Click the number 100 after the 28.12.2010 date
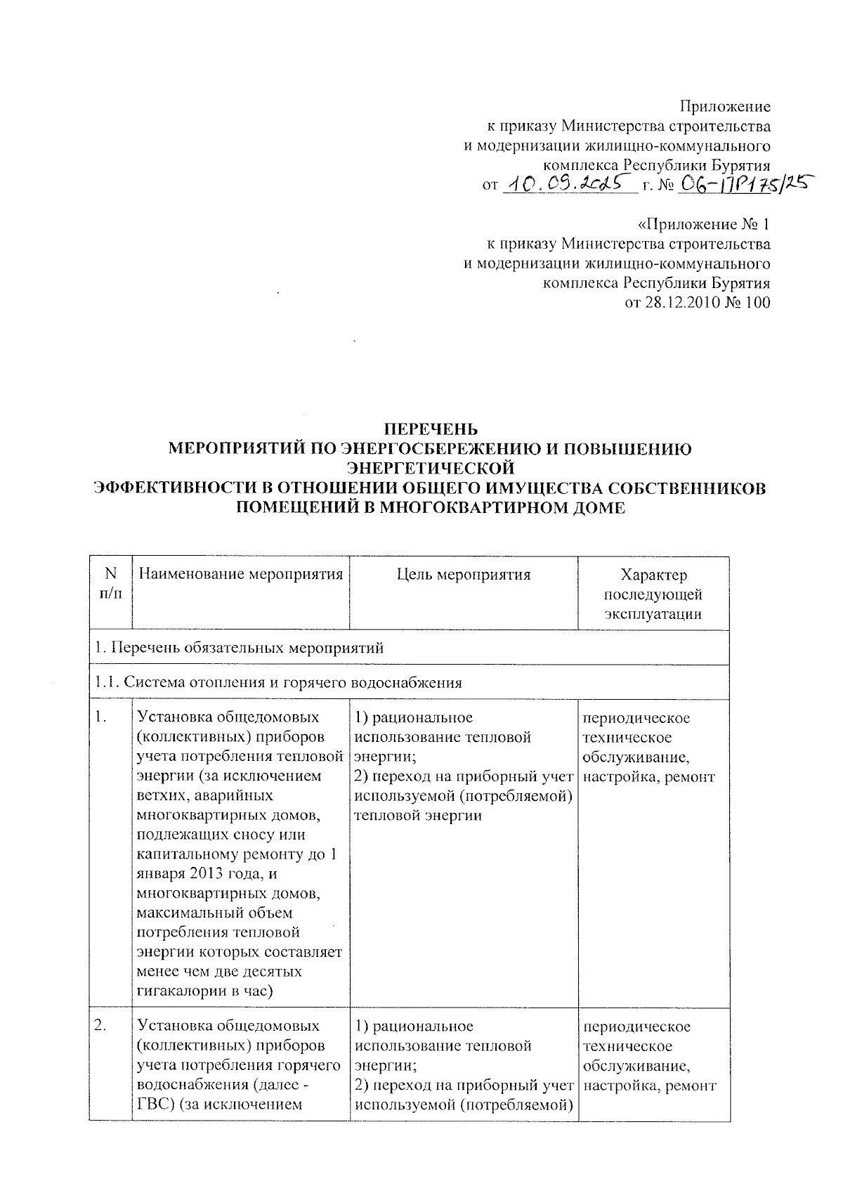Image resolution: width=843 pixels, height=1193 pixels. pyautogui.click(x=758, y=304)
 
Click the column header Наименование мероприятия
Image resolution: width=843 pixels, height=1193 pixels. pyautogui.click(x=241, y=575)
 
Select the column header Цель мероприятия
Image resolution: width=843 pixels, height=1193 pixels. pyautogui.click(x=464, y=575)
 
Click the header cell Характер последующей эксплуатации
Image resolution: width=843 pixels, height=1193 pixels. pyautogui.click(x=653, y=594)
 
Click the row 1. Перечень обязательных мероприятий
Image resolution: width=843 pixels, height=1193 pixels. pyautogui.click(x=240, y=648)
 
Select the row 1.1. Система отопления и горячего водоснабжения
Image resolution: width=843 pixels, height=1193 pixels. pyautogui.click(x=279, y=682)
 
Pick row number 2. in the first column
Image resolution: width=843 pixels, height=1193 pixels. pyautogui.click(x=101, y=1026)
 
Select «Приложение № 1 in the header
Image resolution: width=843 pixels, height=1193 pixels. pyautogui.click(x=703, y=225)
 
